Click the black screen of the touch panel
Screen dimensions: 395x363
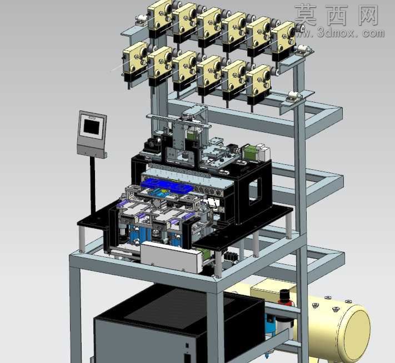tap(91, 127)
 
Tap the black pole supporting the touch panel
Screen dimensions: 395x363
tap(93, 186)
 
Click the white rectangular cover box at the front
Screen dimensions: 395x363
tap(172, 258)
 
